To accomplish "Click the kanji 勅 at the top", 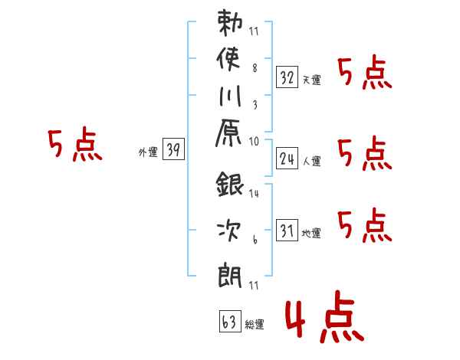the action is [x=230, y=23].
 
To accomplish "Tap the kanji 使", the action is [x=228, y=59].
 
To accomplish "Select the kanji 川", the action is [x=230, y=96].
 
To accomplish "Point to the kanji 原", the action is [x=228, y=133].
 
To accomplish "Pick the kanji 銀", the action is [x=230, y=184].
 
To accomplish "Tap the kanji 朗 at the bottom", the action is [x=230, y=276].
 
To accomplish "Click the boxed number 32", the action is [x=287, y=77].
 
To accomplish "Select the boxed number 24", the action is [x=287, y=158].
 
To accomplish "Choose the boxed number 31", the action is [x=287, y=230].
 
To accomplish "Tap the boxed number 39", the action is [x=173, y=149].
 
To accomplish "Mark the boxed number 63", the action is [x=230, y=321].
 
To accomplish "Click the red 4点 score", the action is [x=324, y=317].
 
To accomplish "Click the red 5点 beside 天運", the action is [x=365, y=74].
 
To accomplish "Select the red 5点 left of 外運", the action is [x=75, y=144].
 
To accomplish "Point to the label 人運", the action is [x=312, y=161].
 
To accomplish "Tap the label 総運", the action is [x=255, y=324].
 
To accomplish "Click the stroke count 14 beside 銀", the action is [x=254, y=193].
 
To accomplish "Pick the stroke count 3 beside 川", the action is [x=255, y=105].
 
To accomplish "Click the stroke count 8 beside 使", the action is [x=255, y=68].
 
